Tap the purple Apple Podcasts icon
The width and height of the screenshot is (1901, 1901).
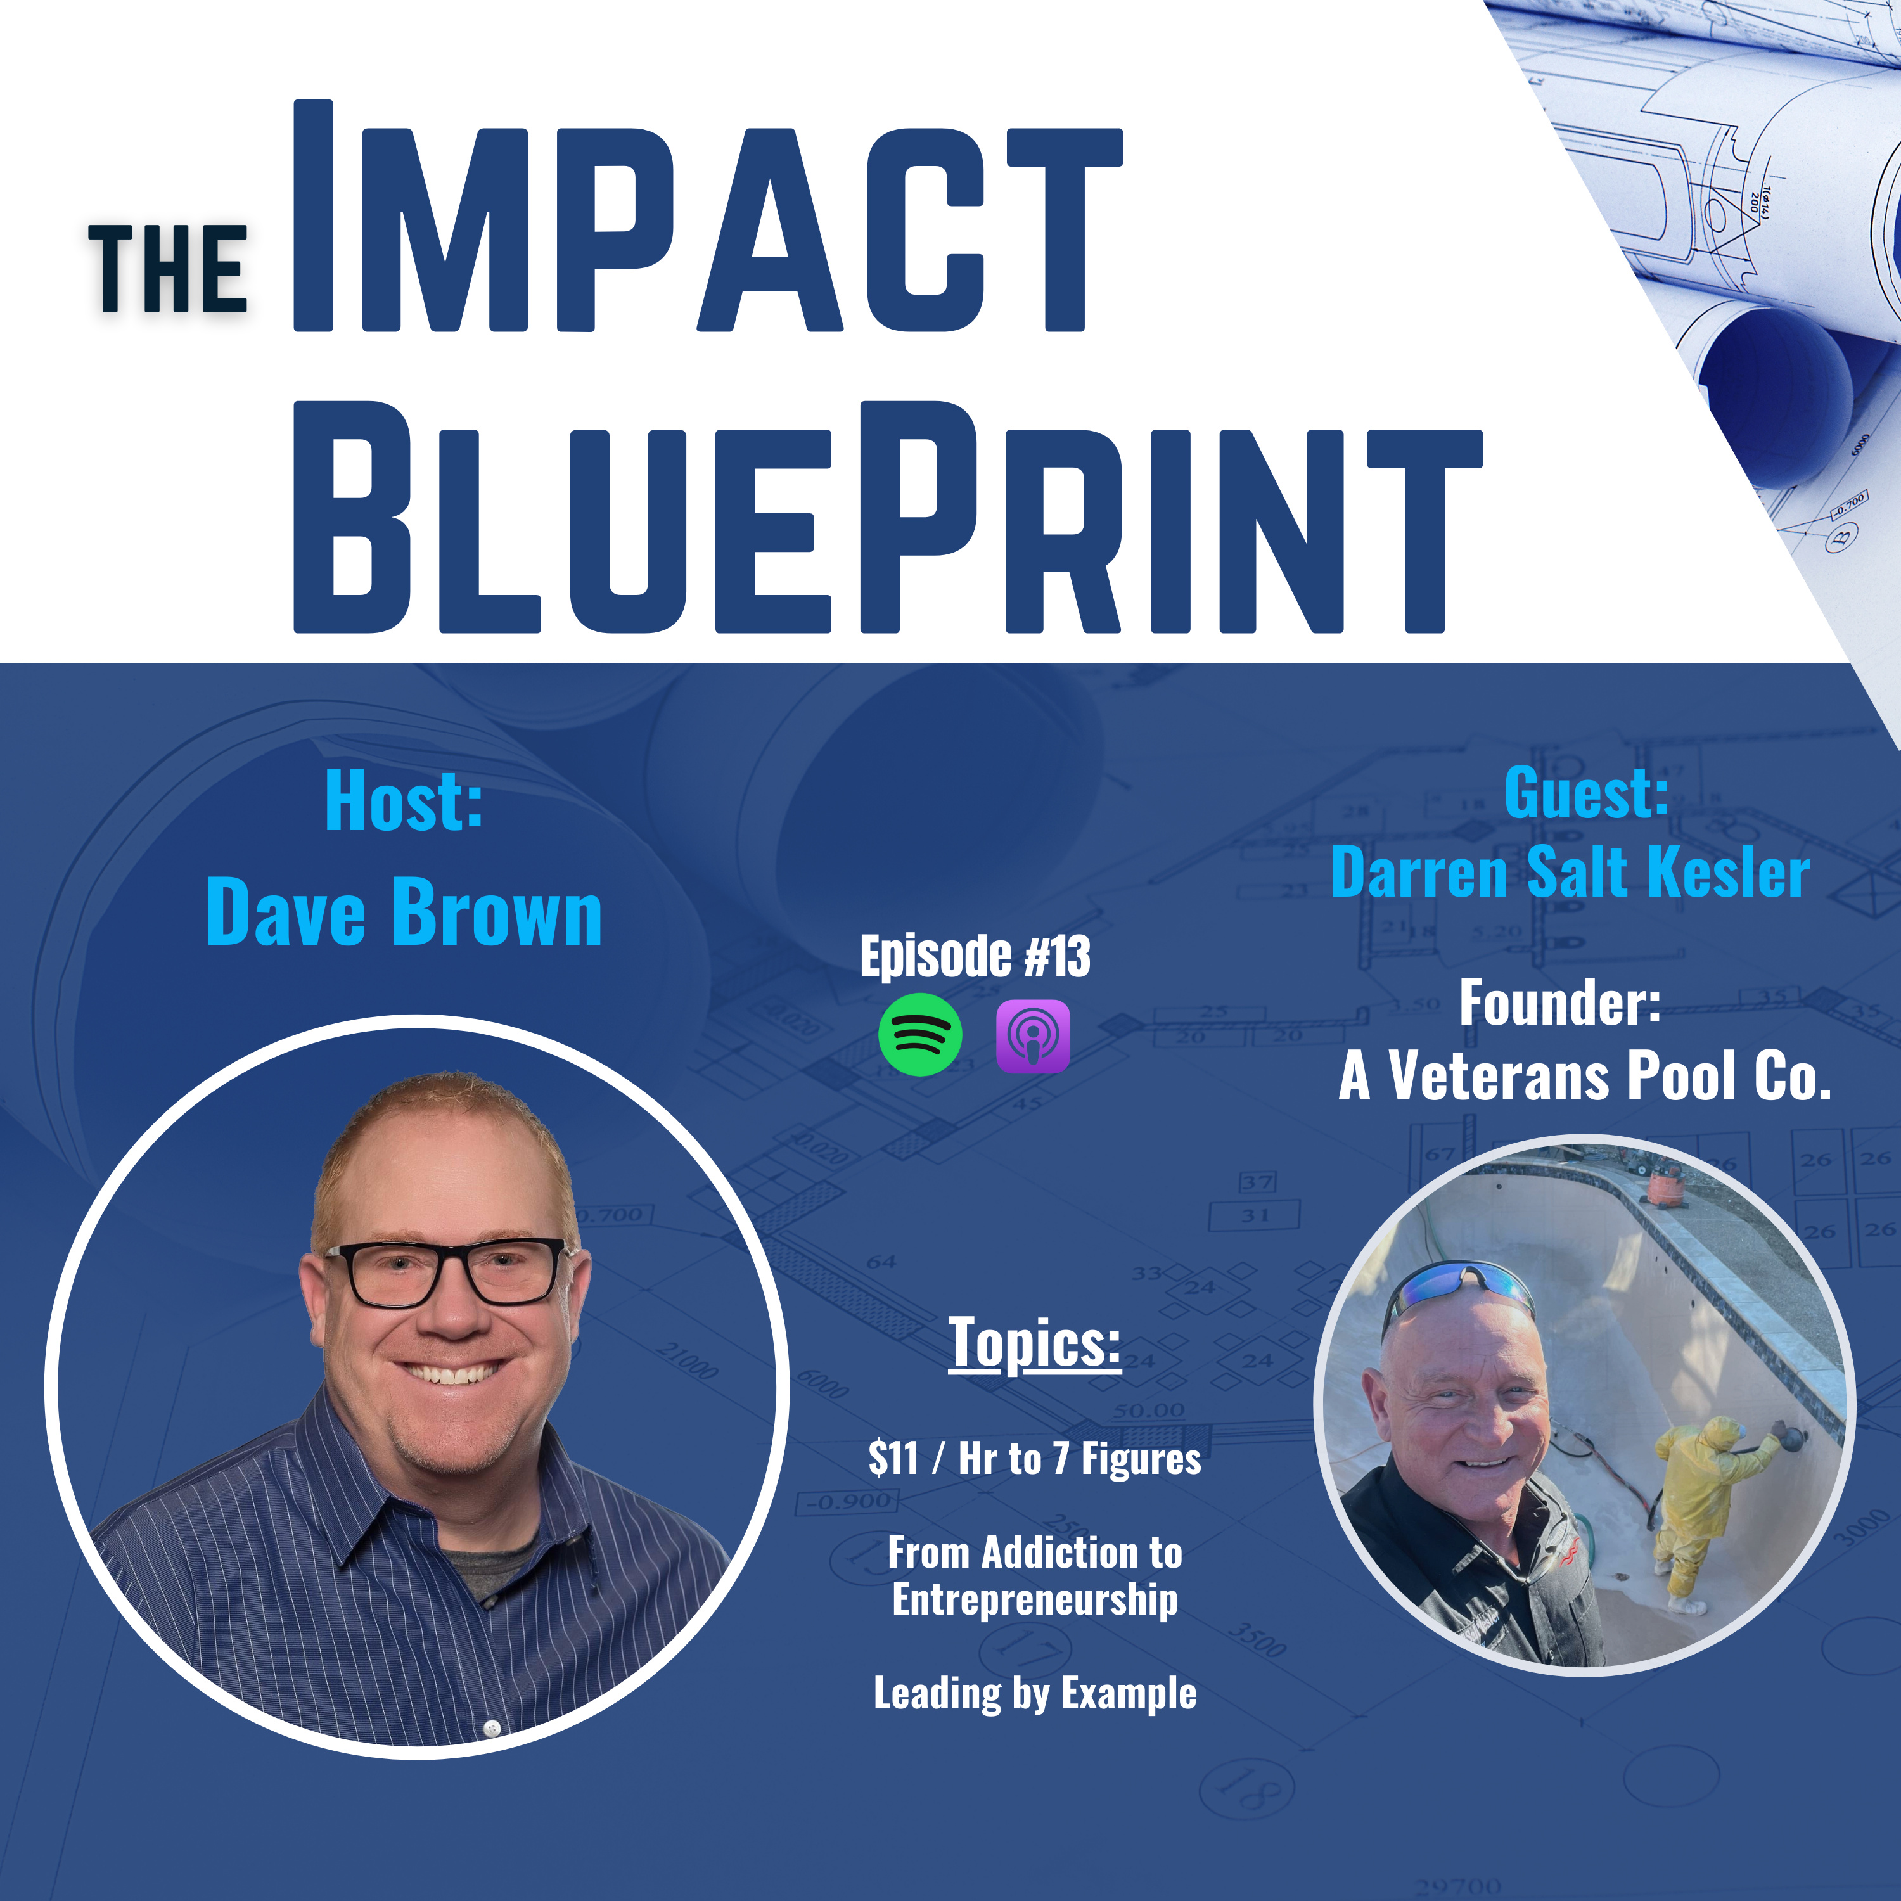(1032, 1036)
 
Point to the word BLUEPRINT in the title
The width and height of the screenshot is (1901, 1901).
(888, 516)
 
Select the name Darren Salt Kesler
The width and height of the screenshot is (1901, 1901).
(1570, 872)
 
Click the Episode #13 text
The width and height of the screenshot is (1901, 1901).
(975, 956)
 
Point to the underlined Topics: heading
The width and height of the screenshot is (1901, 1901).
(1034, 1342)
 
